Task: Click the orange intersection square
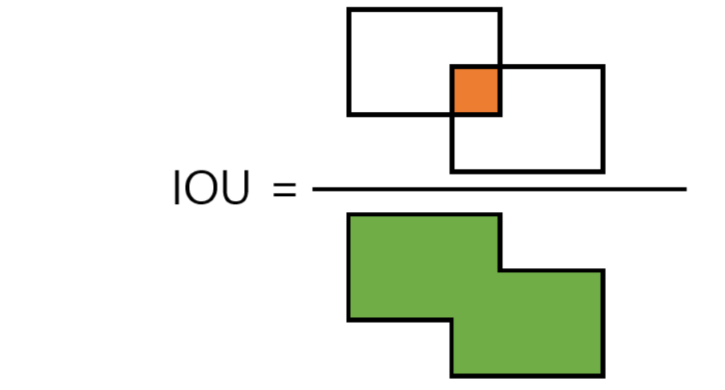[x=476, y=90]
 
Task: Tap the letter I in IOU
[x=178, y=190]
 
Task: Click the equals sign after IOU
[x=284, y=190]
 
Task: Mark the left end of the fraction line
[x=314, y=189]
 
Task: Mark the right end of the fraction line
[x=685, y=189]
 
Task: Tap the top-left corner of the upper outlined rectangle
[x=349, y=10]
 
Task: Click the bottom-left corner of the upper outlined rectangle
[x=349, y=114]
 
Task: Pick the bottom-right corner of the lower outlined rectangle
[x=602, y=171]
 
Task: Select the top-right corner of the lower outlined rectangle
[x=602, y=67]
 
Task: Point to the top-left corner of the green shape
[x=349, y=215]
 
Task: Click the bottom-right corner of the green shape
[x=602, y=374]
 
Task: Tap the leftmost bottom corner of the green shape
[x=349, y=320]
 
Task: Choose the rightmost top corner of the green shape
[x=602, y=271]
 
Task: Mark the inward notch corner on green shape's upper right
[x=500, y=271]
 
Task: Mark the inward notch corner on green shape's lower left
[x=453, y=320]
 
